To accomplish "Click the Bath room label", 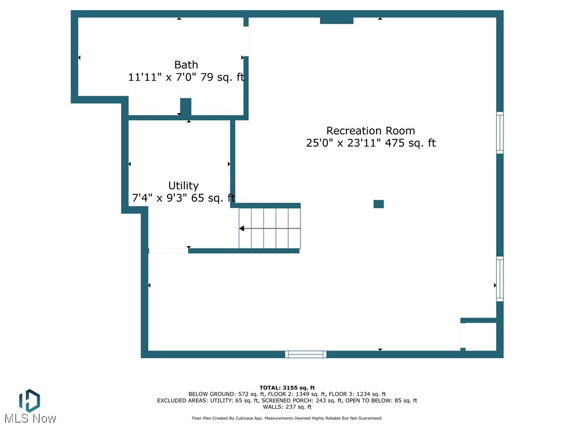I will pyautogui.click(x=186, y=65).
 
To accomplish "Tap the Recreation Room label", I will pyautogui.click(x=371, y=130).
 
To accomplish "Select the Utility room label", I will pyautogui.click(x=183, y=185).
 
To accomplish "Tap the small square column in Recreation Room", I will pyautogui.click(x=378, y=204).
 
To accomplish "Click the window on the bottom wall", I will pyautogui.click(x=305, y=354).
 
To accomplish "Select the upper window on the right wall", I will pyautogui.click(x=499, y=133).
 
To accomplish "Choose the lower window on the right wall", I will pyautogui.click(x=499, y=279).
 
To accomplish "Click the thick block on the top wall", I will pyautogui.click(x=336, y=20).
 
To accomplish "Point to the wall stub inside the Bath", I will pyautogui.click(x=186, y=106).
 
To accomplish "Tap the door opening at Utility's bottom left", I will pyautogui.click(x=168, y=250).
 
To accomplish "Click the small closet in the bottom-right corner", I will pyautogui.click(x=480, y=336).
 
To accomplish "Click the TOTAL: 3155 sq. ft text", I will pyautogui.click(x=287, y=387).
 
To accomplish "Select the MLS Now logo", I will pyautogui.click(x=29, y=406).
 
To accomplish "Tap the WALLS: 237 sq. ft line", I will pyautogui.click(x=287, y=407).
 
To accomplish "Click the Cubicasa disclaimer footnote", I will pyautogui.click(x=287, y=418).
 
